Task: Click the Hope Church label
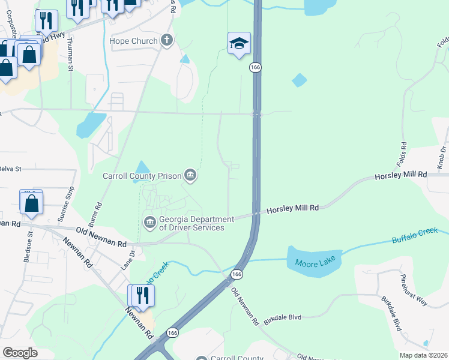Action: click(x=133, y=41)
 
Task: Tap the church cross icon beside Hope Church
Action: click(x=166, y=41)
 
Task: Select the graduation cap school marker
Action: click(x=239, y=43)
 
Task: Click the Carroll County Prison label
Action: click(x=142, y=176)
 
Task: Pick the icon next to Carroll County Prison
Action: click(x=191, y=175)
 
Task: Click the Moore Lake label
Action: click(x=314, y=262)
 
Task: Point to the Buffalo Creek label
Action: click(x=415, y=235)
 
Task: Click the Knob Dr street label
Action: click(x=441, y=157)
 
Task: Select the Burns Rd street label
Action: click(x=100, y=212)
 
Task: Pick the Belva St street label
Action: click(x=10, y=169)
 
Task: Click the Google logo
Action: click(x=20, y=353)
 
